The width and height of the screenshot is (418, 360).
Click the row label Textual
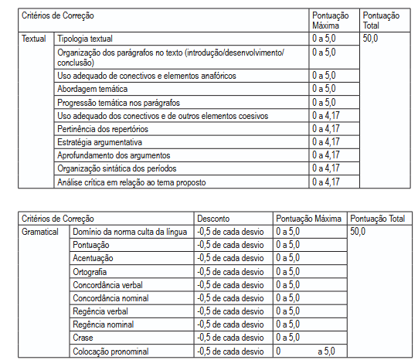[33, 38]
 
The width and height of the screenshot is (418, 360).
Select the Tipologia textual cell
[85, 38]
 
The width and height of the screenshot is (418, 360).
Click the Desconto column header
[213, 219]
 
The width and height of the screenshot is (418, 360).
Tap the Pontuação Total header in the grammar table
[377, 219]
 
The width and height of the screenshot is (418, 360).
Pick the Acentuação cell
[93, 258]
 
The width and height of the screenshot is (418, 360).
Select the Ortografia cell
[90, 272]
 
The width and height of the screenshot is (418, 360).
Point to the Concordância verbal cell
[108, 285]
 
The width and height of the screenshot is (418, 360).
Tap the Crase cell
[83, 338]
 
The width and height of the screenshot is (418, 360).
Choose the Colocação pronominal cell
[110, 352]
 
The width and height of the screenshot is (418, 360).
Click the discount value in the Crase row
[230, 338]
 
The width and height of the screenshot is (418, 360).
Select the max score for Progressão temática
[324, 102]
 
